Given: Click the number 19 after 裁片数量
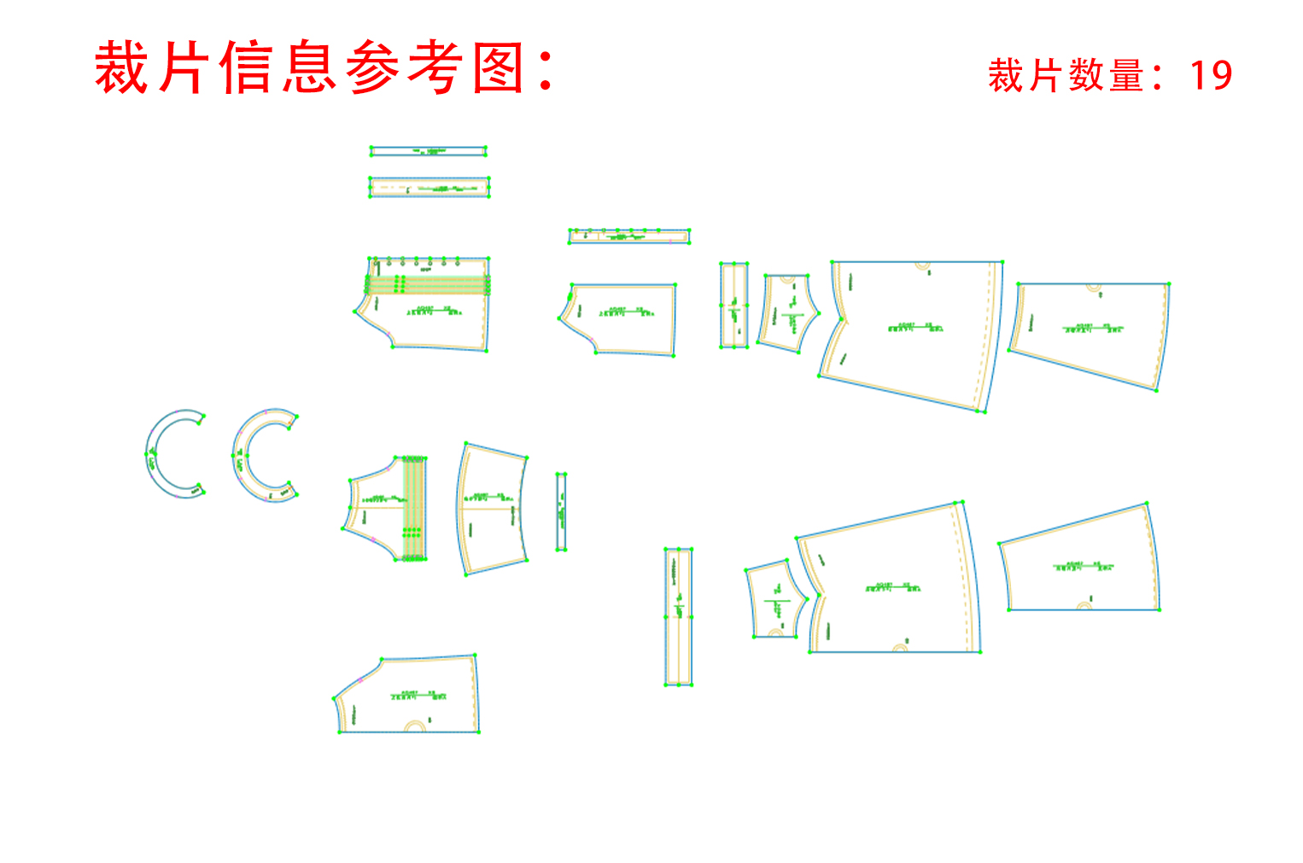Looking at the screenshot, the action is (x=1211, y=76).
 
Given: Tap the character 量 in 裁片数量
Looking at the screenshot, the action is (x=1127, y=76).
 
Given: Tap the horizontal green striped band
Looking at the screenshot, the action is (x=428, y=285).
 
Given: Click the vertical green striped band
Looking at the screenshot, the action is (x=414, y=509).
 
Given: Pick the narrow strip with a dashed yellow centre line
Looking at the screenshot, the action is (x=429, y=187).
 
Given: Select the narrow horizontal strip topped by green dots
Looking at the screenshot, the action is (x=629, y=236).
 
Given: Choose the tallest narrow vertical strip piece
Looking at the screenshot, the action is (x=678, y=616).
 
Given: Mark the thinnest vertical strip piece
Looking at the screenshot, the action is (x=561, y=511).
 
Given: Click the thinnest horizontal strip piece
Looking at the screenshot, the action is (x=428, y=151).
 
